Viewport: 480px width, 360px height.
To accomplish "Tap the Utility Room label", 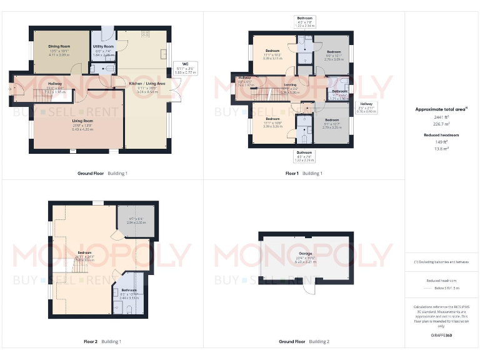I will click(x=103, y=47).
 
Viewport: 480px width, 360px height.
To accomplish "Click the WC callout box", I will click(x=186, y=68).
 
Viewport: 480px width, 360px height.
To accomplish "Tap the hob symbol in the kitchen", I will click(x=145, y=33).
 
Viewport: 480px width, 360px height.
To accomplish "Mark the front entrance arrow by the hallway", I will click(x=10, y=89).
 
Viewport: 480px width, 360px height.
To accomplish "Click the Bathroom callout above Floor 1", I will click(x=304, y=22).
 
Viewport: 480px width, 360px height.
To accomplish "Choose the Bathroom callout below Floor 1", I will click(x=304, y=156).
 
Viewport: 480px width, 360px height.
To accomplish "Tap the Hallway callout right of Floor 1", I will click(x=366, y=108).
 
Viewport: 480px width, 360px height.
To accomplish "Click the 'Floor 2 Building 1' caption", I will click(x=102, y=341).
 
